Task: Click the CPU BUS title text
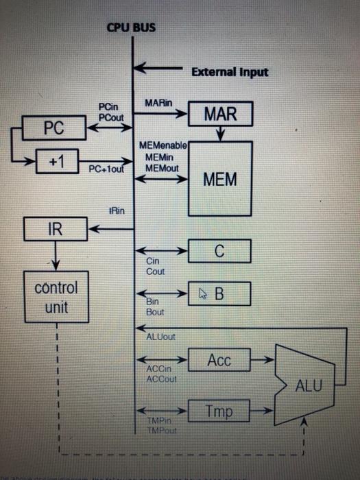coord(131,27)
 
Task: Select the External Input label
coord(229,71)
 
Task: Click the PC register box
coord(53,128)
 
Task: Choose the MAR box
coord(219,114)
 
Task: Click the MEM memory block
coord(220,180)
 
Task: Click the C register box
coord(219,251)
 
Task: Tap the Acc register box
coord(219,360)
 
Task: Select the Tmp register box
coord(219,411)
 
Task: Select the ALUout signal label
coord(161,337)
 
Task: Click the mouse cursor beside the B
coord(203,294)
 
